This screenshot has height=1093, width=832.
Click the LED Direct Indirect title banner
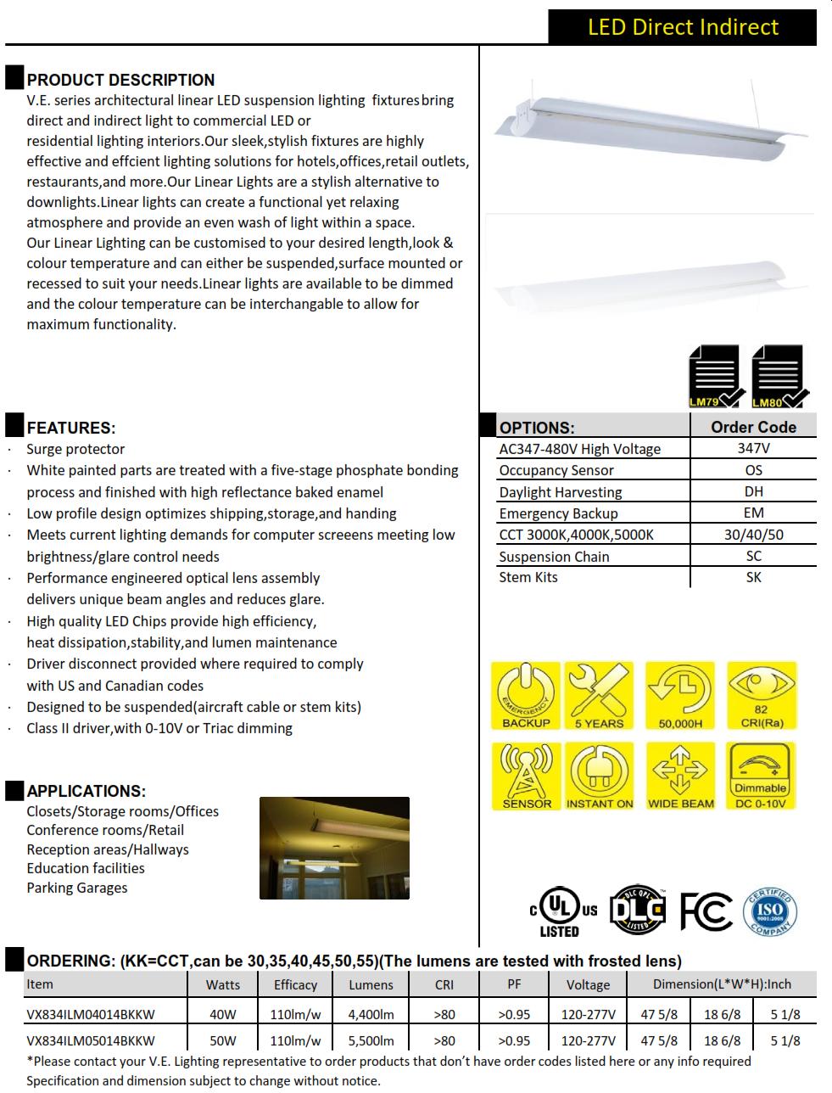point(682,27)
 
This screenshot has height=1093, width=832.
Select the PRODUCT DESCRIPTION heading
point(120,80)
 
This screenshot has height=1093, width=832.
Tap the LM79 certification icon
point(715,376)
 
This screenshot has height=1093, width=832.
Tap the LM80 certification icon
point(779,376)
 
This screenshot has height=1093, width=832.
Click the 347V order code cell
point(753,448)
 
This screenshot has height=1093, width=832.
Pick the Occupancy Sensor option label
point(556,470)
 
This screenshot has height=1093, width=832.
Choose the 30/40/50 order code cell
point(753,535)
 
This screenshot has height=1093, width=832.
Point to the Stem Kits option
point(528,577)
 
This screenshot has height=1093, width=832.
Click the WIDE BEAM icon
point(680,776)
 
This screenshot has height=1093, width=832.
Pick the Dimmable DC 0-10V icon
point(761,776)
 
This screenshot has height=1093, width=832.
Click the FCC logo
point(706,912)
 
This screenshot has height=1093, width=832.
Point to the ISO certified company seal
point(769,912)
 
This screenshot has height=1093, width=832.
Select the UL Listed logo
point(562,911)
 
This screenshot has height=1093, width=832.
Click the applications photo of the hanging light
point(334,848)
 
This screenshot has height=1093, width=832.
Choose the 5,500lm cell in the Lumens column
point(371,1040)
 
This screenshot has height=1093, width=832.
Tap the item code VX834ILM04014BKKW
point(91,1014)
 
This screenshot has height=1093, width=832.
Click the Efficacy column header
point(295,984)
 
